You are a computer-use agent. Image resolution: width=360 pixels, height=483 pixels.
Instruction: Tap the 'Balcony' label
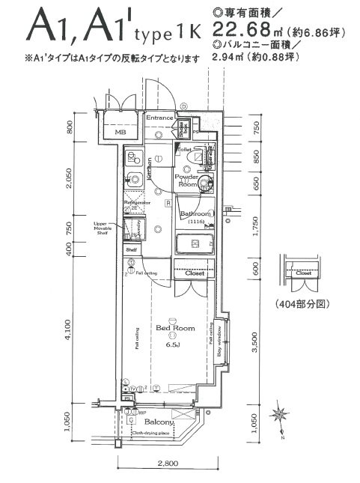[159, 422]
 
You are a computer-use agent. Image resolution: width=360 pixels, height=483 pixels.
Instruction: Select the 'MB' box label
[119, 133]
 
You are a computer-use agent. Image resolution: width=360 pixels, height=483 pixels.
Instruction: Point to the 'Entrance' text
[159, 118]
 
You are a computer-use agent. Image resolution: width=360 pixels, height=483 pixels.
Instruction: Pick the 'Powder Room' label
[186, 180]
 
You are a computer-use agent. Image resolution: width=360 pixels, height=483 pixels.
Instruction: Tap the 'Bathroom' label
[196, 214]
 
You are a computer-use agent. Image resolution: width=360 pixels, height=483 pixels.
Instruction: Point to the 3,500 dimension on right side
[256, 343]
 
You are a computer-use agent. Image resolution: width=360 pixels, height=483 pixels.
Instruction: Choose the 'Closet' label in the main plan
[194, 274]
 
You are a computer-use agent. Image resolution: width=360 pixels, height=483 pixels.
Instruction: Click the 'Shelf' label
[130, 249]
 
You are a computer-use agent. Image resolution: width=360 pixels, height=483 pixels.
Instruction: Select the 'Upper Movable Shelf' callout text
[103, 228]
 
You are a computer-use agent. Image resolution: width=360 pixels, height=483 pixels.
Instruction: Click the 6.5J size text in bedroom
[172, 345]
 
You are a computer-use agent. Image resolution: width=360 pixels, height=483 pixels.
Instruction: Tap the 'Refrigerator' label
[138, 202]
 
